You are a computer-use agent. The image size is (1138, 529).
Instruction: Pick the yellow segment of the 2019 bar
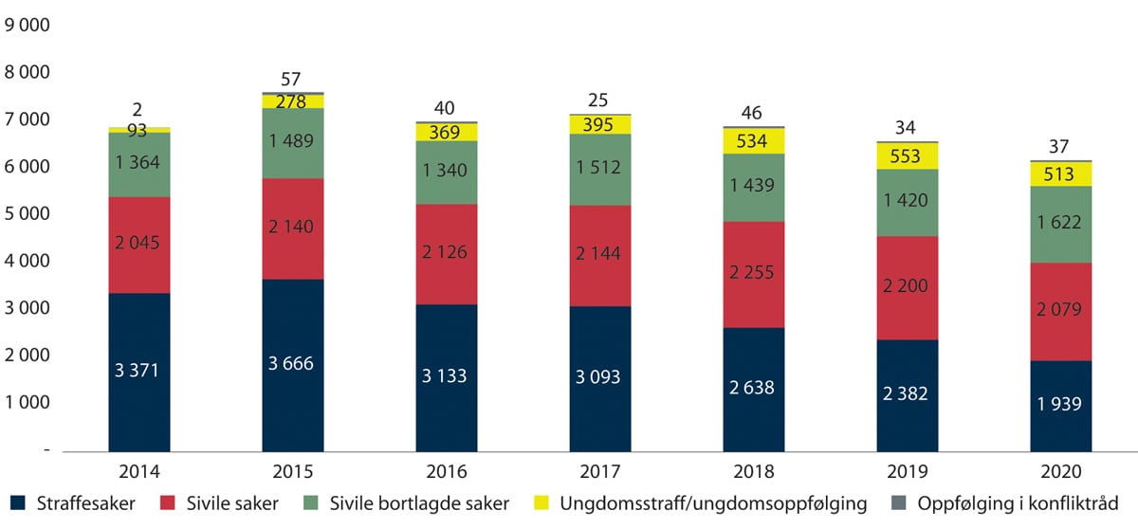(x=908, y=156)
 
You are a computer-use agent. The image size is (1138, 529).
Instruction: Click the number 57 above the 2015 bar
(x=293, y=79)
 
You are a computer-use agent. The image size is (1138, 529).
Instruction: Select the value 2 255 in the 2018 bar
(x=754, y=272)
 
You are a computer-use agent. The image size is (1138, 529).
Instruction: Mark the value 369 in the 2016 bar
(x=447, y=133)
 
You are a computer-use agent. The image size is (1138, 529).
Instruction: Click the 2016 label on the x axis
(x=447, y=471)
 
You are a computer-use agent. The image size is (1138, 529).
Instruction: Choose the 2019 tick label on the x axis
(x=908, y=471)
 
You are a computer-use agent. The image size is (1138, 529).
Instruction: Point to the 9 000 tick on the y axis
(x=28, y=26)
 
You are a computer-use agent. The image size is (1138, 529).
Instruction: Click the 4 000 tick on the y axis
(x=28, y=262)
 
